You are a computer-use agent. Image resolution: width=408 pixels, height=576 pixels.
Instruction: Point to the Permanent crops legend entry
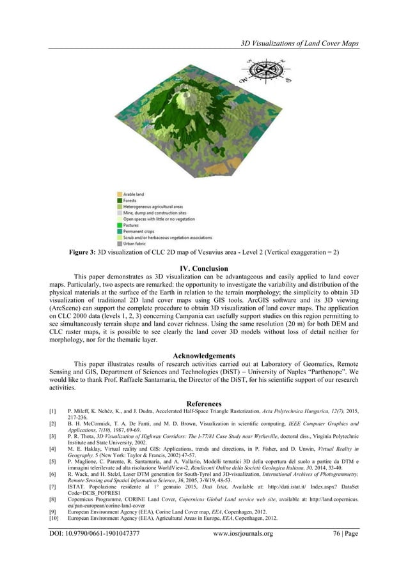point(138,231)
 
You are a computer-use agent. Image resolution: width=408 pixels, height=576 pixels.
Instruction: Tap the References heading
point(204,403)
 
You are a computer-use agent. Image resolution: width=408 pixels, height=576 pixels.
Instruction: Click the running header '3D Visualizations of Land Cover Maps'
point(299,43)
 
